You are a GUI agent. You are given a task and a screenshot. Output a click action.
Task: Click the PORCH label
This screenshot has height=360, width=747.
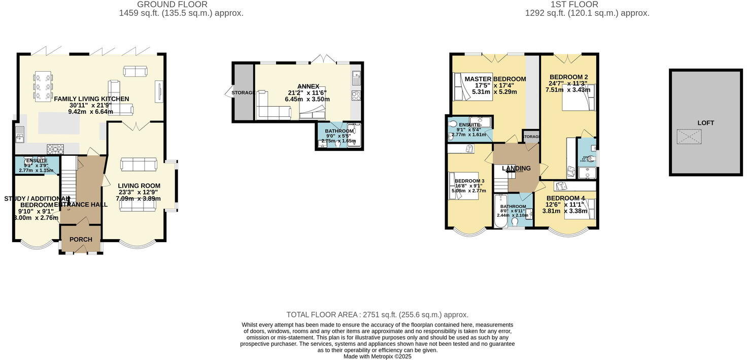(x=81, y=240)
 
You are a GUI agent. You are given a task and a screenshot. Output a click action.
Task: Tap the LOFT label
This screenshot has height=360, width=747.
(x=705, y=123)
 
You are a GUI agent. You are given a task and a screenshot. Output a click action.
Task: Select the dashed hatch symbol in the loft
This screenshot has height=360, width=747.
(x=689, y=137)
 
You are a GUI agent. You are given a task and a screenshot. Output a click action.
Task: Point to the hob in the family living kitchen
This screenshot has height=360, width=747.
(x=55, y=149)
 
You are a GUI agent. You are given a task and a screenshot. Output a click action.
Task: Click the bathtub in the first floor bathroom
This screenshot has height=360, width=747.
(x=500, y=211)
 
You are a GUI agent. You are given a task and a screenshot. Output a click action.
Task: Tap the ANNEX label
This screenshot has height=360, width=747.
(x=308, y=86)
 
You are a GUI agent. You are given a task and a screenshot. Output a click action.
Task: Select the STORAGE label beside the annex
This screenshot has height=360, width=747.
(x=244, y=93)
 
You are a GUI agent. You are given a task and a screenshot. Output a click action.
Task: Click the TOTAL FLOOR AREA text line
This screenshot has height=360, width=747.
(x=377, y=315)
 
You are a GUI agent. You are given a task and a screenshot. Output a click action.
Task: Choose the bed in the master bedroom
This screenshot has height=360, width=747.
(x=466, y=87)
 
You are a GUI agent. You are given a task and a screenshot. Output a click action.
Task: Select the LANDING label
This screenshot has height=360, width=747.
(x=516, y=169)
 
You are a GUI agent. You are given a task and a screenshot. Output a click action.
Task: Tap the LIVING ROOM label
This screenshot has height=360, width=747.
(x=139, y=186)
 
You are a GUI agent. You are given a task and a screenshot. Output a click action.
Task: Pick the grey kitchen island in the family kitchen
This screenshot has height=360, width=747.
(x=59, y=123)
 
